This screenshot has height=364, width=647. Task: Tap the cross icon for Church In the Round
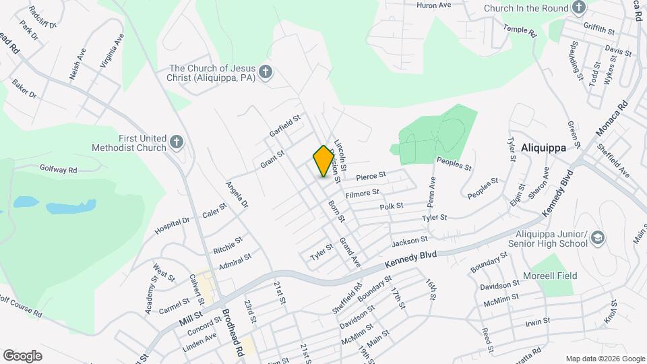(578, 7)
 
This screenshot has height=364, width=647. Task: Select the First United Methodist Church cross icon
(177, 142)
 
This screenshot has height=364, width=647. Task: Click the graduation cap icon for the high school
(597, 237)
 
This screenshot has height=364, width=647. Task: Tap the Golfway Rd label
(59, 169)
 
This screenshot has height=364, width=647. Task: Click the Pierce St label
(371, 176)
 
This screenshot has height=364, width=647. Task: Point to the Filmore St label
(362, 194)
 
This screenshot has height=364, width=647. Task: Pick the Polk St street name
(391, 206)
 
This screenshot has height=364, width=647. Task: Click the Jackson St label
(409, 240)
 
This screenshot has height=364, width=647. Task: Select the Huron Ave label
(433, 5)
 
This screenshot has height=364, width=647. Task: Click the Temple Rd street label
(520, 30)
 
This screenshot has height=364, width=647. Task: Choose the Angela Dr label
(237, 195)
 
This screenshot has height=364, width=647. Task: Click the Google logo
(22, 355)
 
